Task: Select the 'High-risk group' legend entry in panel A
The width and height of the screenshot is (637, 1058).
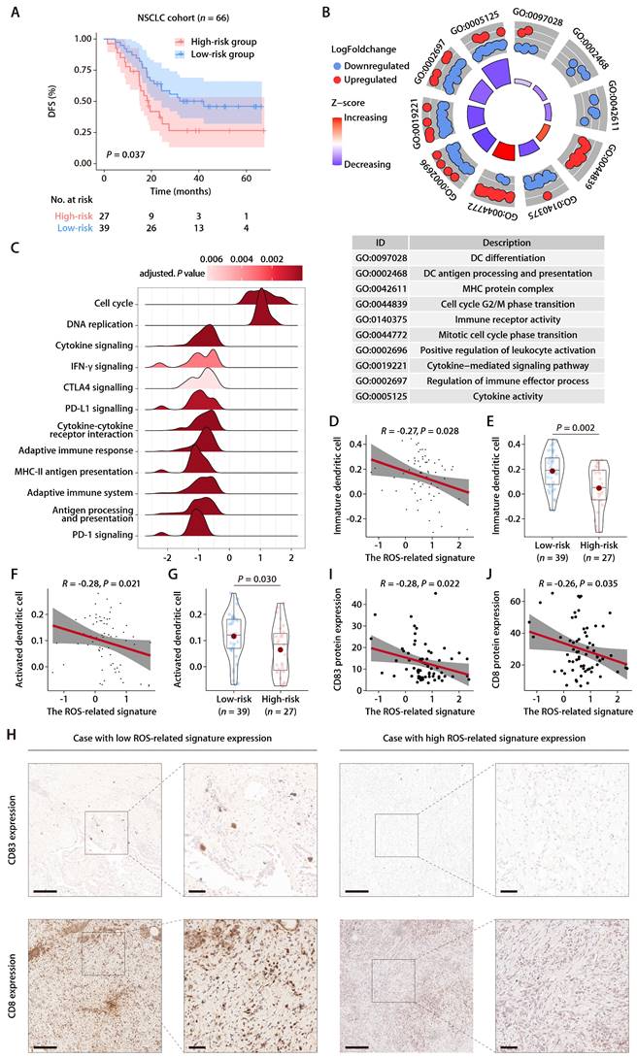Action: click(x=215, y=42)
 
